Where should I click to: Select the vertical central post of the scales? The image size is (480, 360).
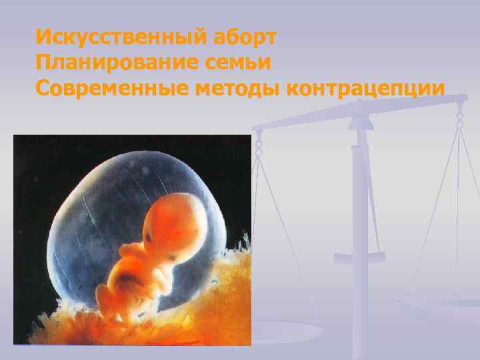point(363,200)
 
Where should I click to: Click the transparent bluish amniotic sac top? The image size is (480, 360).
point(133,167)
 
